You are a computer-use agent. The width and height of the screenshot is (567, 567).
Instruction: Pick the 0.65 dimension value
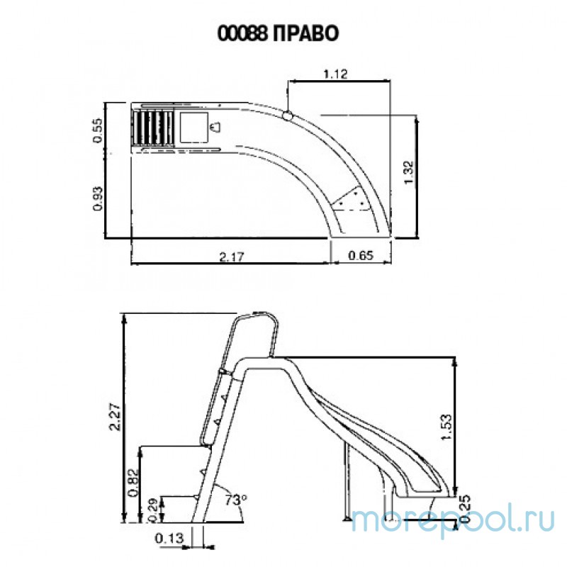click(x=361, y=256)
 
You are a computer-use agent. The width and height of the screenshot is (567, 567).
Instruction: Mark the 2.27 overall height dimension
click(x=113, y=417)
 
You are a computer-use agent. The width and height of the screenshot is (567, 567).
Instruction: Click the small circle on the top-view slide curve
click(x=288, y=115)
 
